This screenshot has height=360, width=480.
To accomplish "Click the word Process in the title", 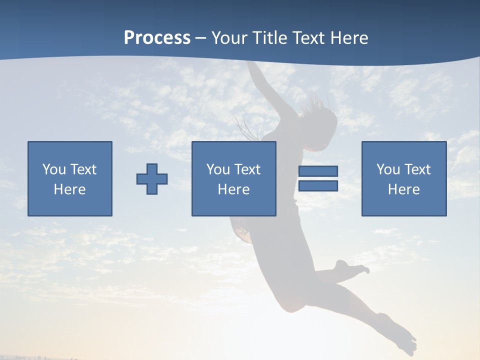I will tap(157, 38).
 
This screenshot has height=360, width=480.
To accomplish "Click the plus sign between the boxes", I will tap(152, 178).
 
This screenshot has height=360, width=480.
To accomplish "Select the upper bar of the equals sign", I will tap(318, 171).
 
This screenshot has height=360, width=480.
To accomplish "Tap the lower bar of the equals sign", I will tap(318, 186).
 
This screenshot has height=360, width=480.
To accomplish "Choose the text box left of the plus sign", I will tap(70, 178).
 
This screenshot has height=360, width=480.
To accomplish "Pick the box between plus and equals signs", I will tap(233, 178).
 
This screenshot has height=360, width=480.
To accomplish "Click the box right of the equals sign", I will tap(403, 178).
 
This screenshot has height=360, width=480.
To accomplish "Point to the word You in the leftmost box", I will tap(53, 169).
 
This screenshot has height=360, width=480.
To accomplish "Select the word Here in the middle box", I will tap(233, 189).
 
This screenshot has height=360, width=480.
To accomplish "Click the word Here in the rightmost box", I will tap(403, 189).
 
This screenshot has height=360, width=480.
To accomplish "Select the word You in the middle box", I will tap(217, 169).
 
